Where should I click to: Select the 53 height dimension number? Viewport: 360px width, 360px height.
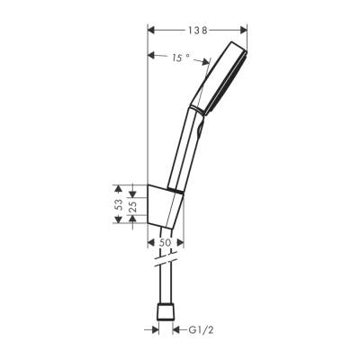coord(118,206)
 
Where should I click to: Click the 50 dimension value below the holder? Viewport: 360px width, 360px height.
coord(165,243)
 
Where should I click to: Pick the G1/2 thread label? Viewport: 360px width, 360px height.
coord(200,329)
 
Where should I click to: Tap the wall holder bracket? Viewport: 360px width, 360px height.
coord(166,207)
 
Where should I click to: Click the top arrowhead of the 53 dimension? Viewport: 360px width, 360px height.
coord(118,186)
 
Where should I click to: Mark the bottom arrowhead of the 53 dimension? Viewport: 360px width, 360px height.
coord(118,226)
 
